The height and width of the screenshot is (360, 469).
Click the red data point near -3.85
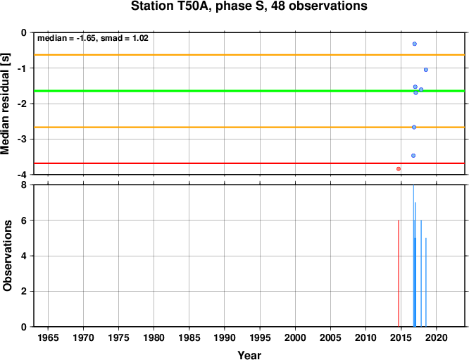[x=399, y=169]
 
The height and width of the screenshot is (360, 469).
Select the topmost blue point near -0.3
[x=415, y=44]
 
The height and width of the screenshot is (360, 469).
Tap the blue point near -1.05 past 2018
[x=426, y=70]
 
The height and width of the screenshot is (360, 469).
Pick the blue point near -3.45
[x=413, y=156]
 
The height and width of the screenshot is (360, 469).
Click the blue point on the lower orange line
[x=414, y=128]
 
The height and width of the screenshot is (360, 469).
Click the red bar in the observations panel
[x=399, y=273]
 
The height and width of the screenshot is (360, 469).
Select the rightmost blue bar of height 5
[x=426, y=283]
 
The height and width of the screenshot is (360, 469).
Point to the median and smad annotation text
[x=93, y=38]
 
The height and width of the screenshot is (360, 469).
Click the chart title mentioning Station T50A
[x=249, y=6]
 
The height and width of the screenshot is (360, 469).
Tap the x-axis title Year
[x=249, y=355]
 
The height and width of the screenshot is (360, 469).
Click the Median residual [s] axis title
[x=6, y=104]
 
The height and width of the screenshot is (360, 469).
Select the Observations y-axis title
[x=7, y=256]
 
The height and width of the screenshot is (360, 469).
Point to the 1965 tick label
[x=48, y=338]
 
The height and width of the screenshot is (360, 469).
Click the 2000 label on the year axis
[x=295, y=338]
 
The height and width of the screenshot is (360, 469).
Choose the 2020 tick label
[x=437, y=338]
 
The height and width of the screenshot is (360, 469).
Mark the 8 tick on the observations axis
[x=24, y=185]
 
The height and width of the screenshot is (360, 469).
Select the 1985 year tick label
[x=189, y=338]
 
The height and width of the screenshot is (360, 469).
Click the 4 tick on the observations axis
[x=24, y=256]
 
